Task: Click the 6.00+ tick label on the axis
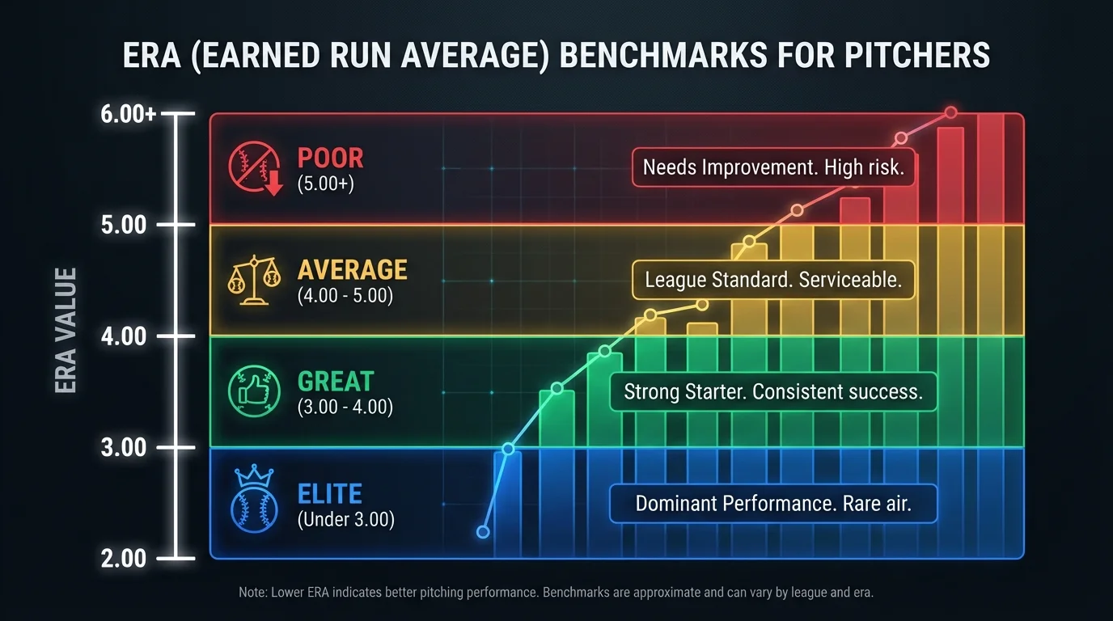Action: [129, 114]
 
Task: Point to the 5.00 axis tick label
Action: [124, 225]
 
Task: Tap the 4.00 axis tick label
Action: [124, 336]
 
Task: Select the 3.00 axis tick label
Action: [124, 447]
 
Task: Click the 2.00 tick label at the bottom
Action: [124, 558]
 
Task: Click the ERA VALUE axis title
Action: [66, 331]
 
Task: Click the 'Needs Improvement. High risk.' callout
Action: [773, 167]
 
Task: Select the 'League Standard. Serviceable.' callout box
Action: [772, 280]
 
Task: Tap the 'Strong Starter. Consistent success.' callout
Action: [772, 392]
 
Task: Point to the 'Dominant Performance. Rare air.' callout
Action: [772, 504]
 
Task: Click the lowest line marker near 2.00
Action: [484, 532]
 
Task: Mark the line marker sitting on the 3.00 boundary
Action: [508, 449]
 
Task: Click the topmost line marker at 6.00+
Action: [951, 112]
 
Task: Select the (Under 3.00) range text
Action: [345, 519]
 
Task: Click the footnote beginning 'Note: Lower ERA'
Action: [556, 593]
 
